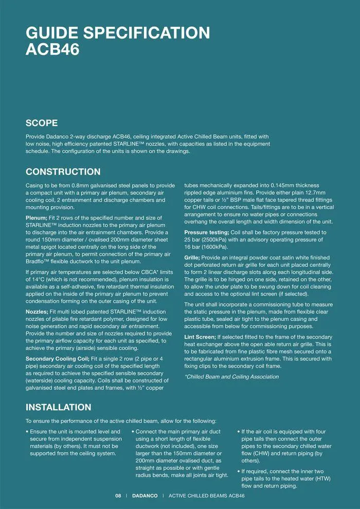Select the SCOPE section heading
point(42,123)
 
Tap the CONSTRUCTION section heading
point(63,172)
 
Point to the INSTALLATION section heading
point(59,407)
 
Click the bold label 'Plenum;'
point(37,218)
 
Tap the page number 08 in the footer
point(118,496)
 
